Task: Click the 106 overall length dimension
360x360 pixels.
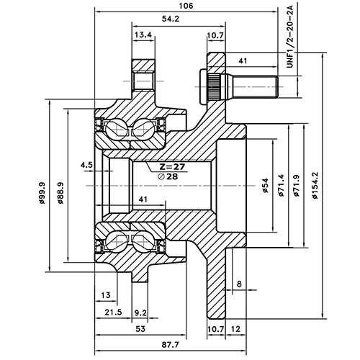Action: pyautogui.click(x=187, y=6)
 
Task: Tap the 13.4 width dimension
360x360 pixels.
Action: pyautogui.click(x=143, y=35)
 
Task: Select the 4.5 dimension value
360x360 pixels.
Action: pyautogui.click(x=87, y=165)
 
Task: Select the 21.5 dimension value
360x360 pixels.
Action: pyautogui.click(x=113, y=313)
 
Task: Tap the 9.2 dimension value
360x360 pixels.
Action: pyautogui.click(x=140, y=313)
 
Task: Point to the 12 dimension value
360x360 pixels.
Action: pyautogui.click(x=235, y=329)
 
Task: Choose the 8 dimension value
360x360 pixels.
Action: pyautogui.click(x=238, y=285)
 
